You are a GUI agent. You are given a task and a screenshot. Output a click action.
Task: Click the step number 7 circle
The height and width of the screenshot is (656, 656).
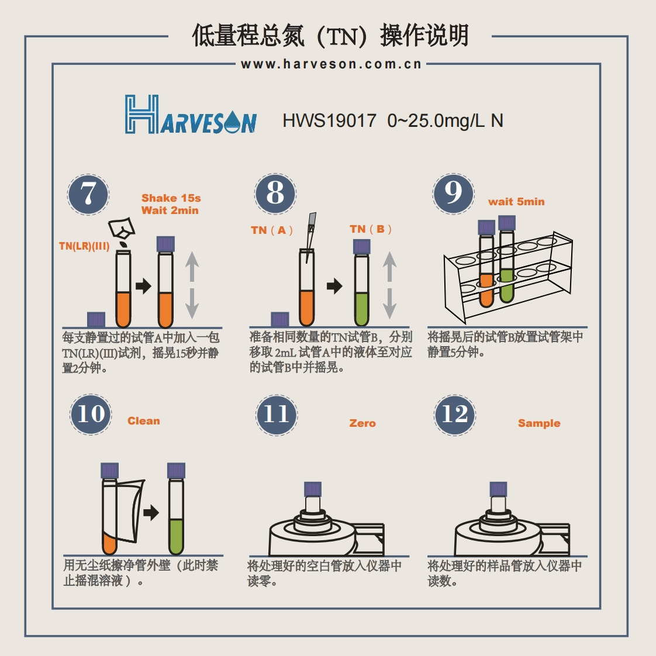(x=88, y=194)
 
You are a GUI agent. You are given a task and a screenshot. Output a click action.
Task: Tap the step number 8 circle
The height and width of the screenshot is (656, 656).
(x=275, y=194)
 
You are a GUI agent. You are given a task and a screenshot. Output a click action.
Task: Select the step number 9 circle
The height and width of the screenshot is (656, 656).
(x=453, y=194)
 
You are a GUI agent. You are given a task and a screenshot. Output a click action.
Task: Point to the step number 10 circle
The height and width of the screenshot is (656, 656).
(x=91, y=414)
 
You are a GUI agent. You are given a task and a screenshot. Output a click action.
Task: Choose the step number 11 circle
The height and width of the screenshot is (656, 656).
(x=277, y=415)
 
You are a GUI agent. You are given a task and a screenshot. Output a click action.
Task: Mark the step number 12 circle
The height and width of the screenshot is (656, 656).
(x=455, y=415)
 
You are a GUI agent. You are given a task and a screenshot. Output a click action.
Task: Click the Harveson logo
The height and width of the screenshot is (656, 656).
(x=191, y=115)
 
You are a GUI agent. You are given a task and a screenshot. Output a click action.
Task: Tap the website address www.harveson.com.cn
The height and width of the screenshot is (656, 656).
(x=331, y=64)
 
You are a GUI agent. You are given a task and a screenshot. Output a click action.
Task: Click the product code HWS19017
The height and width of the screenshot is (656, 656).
(x=329, y=120)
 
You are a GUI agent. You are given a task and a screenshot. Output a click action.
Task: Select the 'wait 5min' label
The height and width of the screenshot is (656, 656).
(x=516, y=202)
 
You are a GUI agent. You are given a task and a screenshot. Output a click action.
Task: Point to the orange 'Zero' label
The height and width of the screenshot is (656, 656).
(x=362, y=423)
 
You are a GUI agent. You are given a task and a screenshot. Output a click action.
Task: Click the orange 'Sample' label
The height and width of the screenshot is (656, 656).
(x=538, y=423)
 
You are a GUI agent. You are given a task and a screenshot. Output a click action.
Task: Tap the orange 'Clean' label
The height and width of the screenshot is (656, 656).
(x=143, y=421)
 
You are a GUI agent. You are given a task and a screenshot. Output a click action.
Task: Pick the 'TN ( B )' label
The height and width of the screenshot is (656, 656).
(x=371, y=229)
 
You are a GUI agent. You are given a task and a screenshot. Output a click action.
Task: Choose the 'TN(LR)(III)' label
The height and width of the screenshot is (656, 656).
(x=84, y=246)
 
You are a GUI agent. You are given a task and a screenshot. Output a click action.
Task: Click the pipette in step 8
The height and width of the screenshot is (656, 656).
(x=310, y=234)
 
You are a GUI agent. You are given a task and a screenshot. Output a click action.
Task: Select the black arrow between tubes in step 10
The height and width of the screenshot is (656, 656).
(x=151, y=513)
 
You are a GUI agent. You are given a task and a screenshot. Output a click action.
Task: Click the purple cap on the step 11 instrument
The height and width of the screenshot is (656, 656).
(x=313, y=489)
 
